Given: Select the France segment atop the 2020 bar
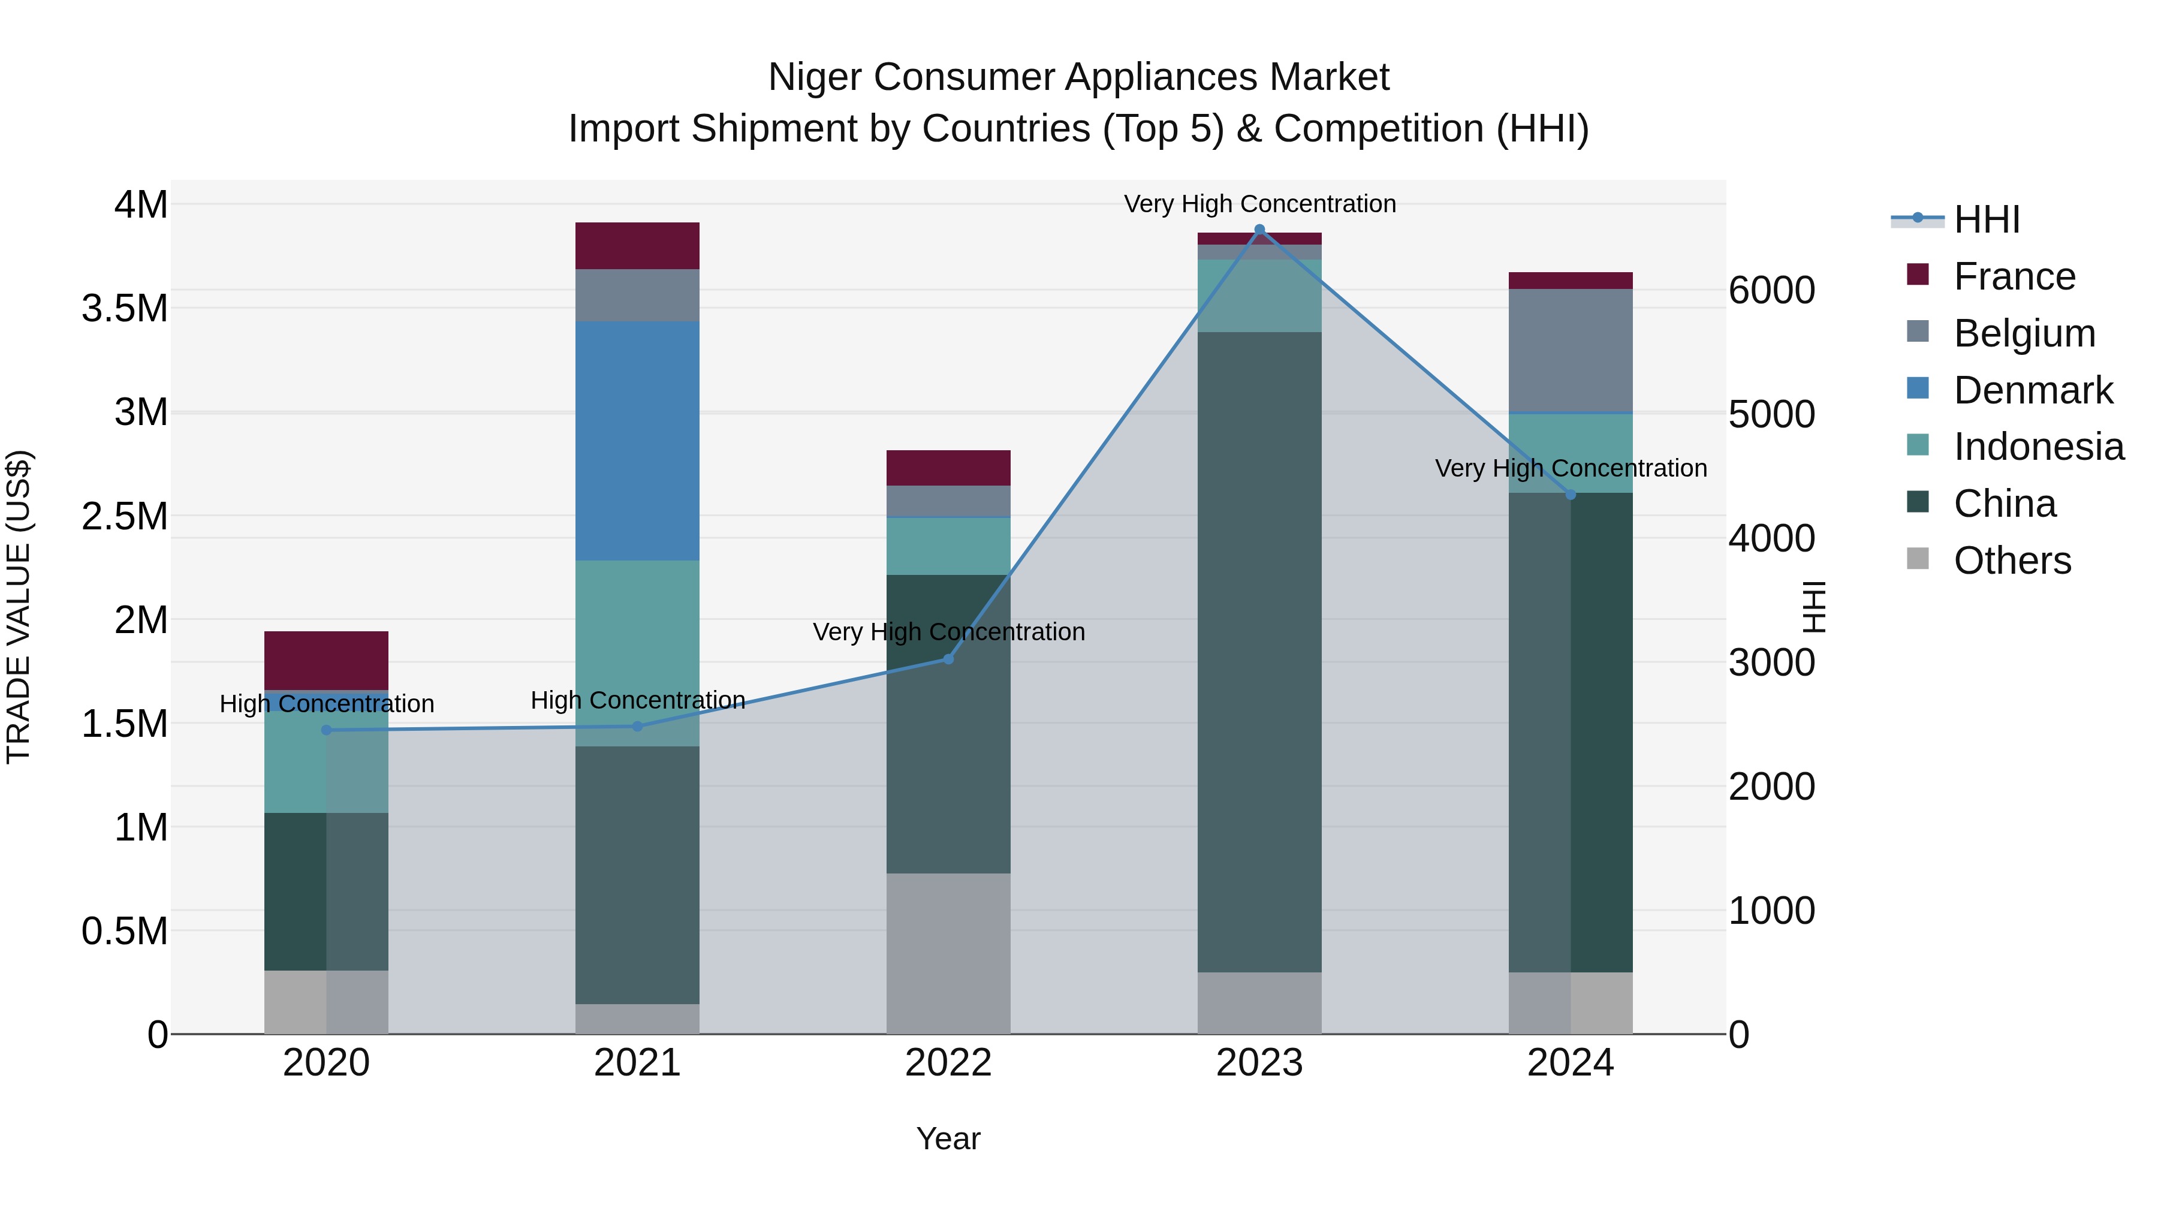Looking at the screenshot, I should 326,660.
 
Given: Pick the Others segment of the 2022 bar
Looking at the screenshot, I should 948,953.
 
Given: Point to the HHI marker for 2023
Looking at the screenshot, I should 1259,230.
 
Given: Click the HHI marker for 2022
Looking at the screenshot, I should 948,659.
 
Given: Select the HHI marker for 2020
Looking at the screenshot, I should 326,730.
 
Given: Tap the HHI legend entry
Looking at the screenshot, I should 1985,219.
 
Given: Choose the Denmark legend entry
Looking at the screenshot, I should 2033,390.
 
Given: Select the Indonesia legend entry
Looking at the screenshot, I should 2038,447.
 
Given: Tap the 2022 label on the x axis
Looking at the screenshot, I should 948,1063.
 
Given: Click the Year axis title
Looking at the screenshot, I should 948,1138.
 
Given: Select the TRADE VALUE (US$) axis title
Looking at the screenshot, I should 19,607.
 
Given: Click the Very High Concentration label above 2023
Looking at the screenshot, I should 1259,204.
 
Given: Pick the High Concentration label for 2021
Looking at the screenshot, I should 638,700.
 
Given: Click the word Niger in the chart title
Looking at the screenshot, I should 816,77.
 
